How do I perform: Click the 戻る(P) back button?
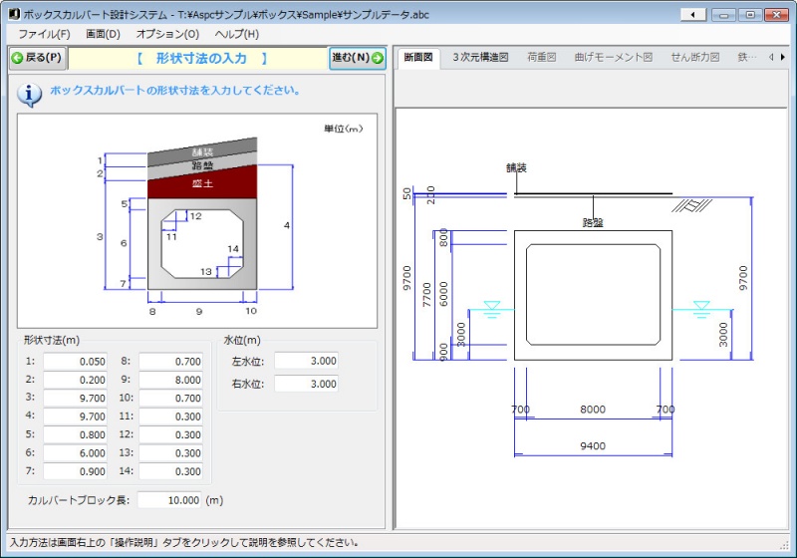[38, 58]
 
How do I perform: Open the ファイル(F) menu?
[44, 34]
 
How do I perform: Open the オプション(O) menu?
[167, 34]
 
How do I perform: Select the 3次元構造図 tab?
[480, 58]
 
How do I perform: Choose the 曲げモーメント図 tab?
[614, 58]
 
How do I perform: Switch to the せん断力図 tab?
[694, 58]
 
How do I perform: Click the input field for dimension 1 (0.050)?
[76, 362]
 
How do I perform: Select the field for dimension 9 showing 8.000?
[170, 380]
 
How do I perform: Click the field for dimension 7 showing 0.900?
[76, 471]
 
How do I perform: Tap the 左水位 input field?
[307, 361]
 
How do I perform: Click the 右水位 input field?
[307, 384]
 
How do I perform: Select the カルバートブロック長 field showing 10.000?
[169, 500]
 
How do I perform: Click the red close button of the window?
[776, 15]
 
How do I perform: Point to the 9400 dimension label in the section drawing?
[593, 445]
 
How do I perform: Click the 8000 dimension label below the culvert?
[593, 410]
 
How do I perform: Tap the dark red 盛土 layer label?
[202, 183]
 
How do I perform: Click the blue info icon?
[30, 94]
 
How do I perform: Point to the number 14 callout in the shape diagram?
[233, 248]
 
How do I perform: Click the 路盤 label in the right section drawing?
[593, 222]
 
